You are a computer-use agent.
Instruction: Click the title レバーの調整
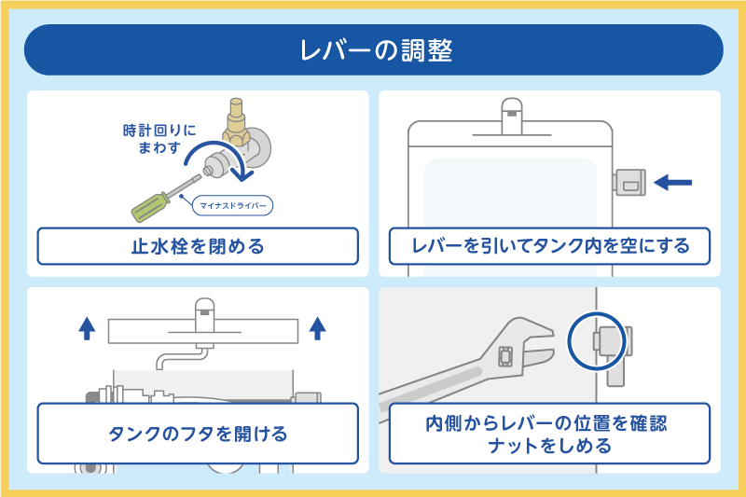coord(373,49)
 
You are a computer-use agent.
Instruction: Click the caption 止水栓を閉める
coord(198,247)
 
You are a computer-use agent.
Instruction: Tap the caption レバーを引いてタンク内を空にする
coord(550,246)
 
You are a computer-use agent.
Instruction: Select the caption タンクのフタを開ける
coord(198,434)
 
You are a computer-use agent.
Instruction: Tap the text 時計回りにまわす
coord(156,139)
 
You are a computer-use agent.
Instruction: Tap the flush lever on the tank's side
coord(632,183)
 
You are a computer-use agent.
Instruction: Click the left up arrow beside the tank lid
coord(87,328)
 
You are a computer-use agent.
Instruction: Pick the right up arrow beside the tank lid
coord(317,328)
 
